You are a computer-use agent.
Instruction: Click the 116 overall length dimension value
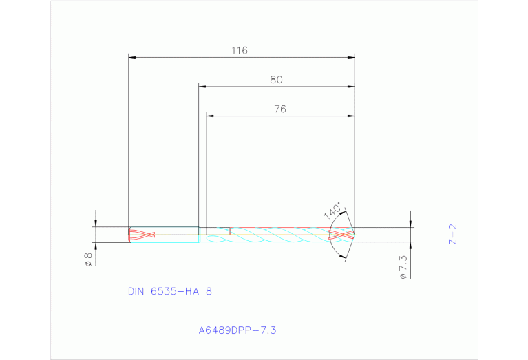coord(240,50)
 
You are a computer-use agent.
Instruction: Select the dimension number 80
coord(276,80)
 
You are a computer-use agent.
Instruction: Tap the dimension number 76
coord(279,109)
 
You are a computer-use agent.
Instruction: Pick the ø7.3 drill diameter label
coord(404,266)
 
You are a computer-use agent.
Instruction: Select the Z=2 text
coord(452,234)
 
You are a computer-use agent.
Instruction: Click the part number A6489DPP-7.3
coord(237,330)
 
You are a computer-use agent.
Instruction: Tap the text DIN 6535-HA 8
coord(170,291)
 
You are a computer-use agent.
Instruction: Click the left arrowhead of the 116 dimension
coord(133,57)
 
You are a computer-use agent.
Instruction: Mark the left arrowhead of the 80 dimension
coord(202,87)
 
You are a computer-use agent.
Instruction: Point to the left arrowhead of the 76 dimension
coord(211,116)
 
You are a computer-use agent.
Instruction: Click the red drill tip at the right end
coord(344,235)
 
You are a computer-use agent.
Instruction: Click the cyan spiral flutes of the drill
coord(275,237)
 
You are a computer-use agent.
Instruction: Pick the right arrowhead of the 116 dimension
coord(351,57)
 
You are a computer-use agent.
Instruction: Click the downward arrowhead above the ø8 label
coord(96,222)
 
